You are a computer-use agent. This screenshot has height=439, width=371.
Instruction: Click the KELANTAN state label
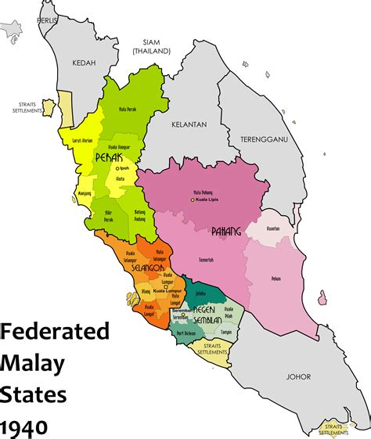tap(190, 124)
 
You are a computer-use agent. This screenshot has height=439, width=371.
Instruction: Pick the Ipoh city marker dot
tap(117, 168)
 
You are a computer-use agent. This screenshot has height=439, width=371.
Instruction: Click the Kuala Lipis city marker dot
tap(191, 200)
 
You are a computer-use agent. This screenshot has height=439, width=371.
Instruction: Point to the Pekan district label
tap(276, 279)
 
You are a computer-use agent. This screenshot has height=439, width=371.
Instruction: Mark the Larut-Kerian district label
tap(83, 142)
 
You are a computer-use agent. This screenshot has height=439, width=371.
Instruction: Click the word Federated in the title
tap(55, 332)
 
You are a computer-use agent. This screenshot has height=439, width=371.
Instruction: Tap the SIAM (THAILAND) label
tap(151, 45)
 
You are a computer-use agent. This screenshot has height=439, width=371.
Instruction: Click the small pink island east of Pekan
tap(322, 297)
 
